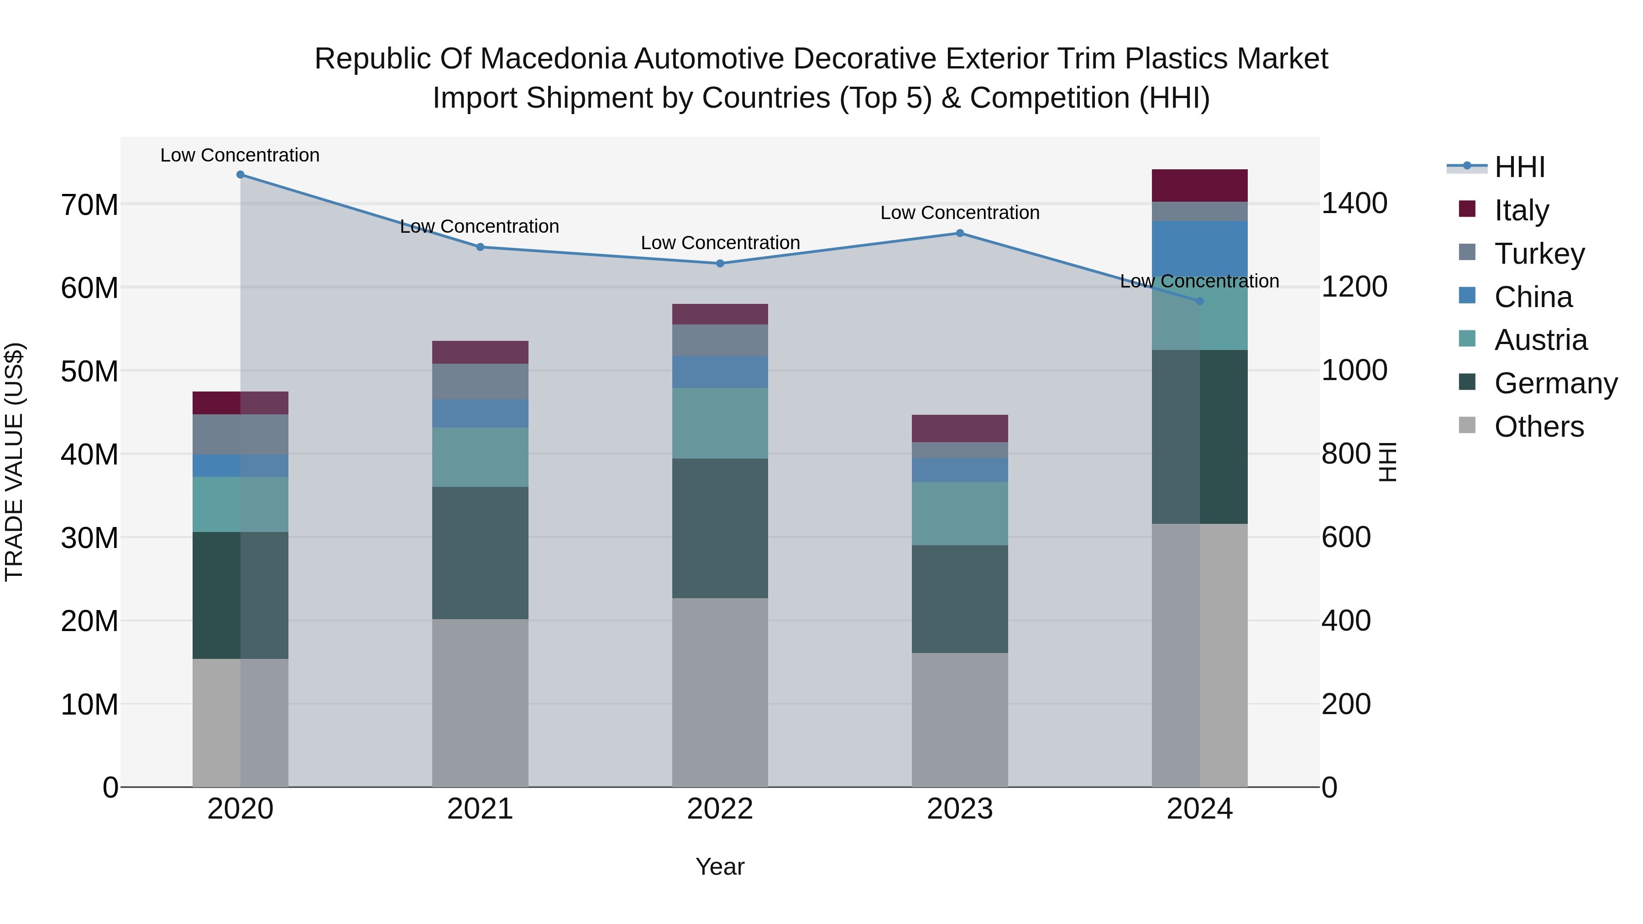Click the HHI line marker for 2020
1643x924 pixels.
click(x=241, y=175)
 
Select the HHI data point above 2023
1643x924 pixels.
click(x=960, y=233)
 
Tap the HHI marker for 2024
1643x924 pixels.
click(x=1200, y=301)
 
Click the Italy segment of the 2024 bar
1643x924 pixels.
click(x=1200, y=186)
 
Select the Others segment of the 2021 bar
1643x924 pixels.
click(x=480, y=703)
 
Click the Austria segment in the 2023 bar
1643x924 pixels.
click(x=960, y=513)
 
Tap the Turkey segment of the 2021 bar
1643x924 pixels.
click(x=480, y=381)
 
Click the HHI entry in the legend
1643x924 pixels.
click(x=1519, y=167)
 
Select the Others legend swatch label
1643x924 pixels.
click(x=1539, y=427)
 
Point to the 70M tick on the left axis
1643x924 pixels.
click(x=89, y=205)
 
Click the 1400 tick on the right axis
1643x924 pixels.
click(x=1354, y=204)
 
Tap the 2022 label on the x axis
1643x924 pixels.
click(x=720, y=809)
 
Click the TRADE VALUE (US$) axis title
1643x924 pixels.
click(x=14, y=462)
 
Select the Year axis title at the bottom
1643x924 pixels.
click(x=720, y=867)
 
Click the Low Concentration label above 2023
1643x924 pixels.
click(x=960, y=213)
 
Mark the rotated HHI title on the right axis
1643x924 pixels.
click(x=1388, y=462)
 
